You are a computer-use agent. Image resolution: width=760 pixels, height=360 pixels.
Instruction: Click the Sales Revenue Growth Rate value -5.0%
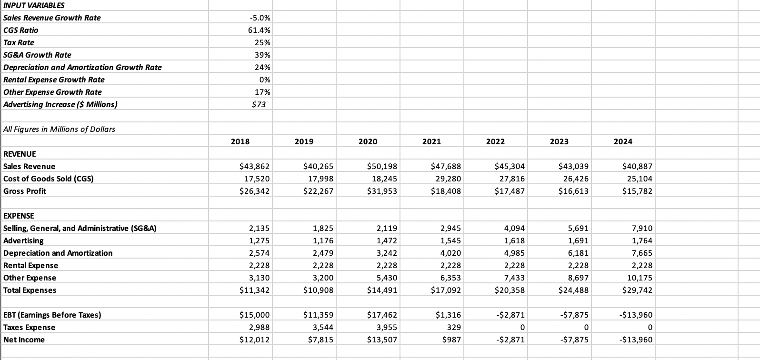tap(260, 18)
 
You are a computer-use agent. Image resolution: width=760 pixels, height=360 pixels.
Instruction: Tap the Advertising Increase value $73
tap(259, 104)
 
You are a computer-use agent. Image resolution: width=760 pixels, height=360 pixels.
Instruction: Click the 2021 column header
tap(431, 141)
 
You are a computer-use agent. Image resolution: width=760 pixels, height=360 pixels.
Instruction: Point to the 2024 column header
tap(623, 141)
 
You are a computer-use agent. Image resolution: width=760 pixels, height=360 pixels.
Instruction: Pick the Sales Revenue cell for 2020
tap(383, 166)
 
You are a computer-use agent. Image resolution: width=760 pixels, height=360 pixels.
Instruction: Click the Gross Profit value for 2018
tap(254, 191)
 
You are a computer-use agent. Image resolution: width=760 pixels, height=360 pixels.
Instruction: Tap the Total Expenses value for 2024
tap(638, 290)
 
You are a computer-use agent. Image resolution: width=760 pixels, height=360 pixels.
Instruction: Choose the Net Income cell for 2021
tap(451, 340)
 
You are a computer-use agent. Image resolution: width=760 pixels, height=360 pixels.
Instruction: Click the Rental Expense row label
tap(30, 265)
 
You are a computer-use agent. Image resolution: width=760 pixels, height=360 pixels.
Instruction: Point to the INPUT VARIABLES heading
tap(34, 5)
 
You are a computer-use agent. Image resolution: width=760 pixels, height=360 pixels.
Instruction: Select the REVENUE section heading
tap(20, 154)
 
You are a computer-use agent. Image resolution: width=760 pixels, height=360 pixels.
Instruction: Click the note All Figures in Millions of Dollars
tap(59, 129)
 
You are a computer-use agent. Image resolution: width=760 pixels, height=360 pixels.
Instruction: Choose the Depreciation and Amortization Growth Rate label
tap(82, 67)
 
